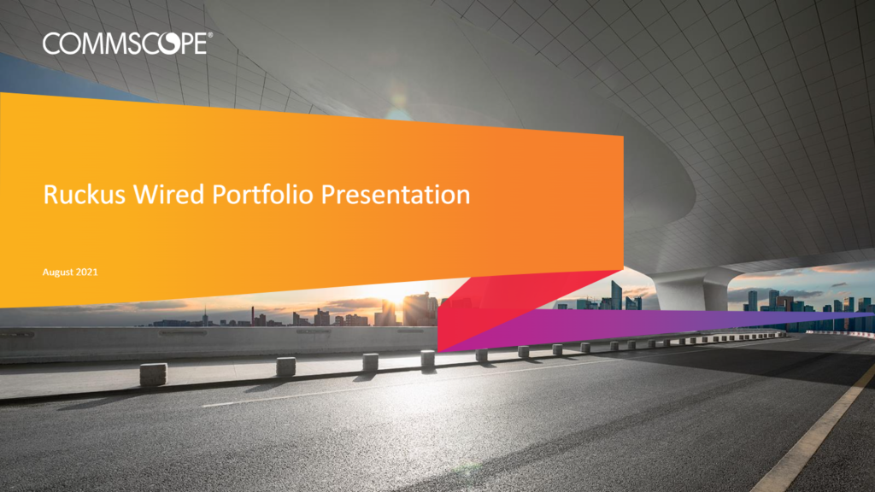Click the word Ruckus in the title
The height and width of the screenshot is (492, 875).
coord(85,195)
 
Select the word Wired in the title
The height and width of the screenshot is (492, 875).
coord(168,195)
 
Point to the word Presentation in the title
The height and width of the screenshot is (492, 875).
coord(395,195)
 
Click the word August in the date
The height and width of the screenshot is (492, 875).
coord(58,272)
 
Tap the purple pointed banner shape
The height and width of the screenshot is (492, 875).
coord(642,328)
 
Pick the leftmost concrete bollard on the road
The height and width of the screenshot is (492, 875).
coord(153,374)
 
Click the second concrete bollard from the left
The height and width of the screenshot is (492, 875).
coord(285,366)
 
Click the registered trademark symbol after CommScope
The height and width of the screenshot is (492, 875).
coord(210,35)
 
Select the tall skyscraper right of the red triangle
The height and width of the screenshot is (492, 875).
coord(616,295)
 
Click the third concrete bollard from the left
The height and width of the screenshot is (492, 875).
coord(371,361)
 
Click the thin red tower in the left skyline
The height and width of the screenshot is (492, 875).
coord(252,315)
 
